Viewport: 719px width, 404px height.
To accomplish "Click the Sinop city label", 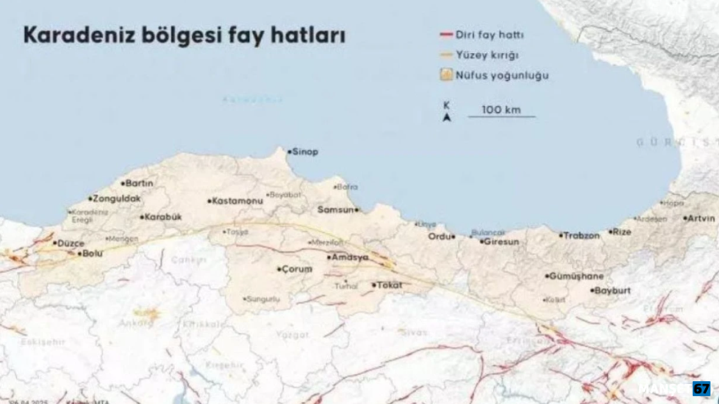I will [305, 152].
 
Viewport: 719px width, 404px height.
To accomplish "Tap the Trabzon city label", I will [581, 236].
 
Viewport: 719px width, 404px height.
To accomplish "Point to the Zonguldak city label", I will [117, 199].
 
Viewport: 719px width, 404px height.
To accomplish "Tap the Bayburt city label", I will [612, 291].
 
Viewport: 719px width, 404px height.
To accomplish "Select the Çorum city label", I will [297, 269].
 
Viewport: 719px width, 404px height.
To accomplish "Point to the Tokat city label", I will [389, 285].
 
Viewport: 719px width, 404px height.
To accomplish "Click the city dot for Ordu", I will [453, 237].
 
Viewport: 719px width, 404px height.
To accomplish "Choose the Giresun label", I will [502, 242].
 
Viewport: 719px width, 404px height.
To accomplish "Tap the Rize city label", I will [622, 232].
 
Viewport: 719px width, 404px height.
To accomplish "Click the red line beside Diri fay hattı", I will [446, 35].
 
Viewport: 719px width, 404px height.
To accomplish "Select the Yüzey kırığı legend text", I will [487, 55].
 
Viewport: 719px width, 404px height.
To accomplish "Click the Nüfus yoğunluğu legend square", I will [446, 75].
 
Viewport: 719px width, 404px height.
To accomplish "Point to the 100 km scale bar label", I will [501, 109].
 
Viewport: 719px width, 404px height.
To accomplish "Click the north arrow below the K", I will [447, 117].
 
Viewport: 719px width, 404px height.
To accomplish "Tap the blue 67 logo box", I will [701, 388].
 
